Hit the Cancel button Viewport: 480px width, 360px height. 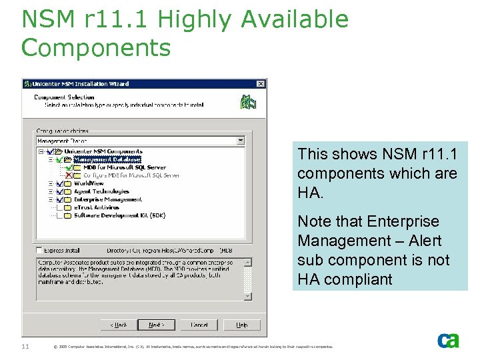coord(199,325)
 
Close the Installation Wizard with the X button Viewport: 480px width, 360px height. coord(261,84)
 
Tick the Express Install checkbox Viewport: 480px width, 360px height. coord(40,251)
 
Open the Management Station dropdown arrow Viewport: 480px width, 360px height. coord(241,141)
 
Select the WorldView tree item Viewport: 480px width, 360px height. coord(89,183)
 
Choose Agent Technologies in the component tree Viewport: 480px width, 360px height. coord(101,191)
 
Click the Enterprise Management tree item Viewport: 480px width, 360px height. coord(107,199)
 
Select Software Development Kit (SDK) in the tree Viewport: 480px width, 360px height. coord(119,215)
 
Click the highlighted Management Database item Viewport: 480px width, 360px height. coord(107,159)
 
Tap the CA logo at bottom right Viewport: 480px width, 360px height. coord(448,340)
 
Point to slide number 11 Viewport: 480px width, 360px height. coord(25,345)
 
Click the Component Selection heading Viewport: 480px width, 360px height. coord(64,97)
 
